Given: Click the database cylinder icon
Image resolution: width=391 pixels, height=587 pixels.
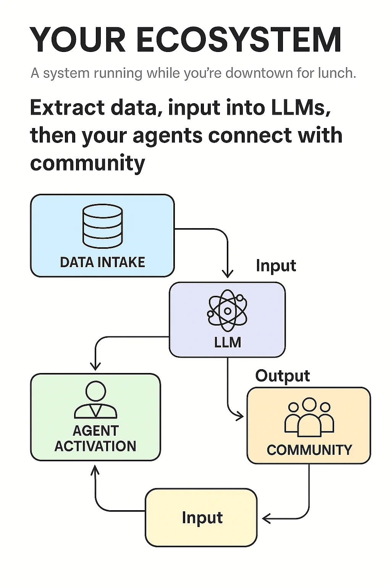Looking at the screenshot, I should [x=102, y=226].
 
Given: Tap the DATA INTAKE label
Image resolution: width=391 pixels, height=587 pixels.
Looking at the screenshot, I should [x=102, y=262].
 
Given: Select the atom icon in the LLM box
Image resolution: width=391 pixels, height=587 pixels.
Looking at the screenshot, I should [x=227, y=310].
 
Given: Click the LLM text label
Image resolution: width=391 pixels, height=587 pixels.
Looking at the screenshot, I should [x=228, y=342].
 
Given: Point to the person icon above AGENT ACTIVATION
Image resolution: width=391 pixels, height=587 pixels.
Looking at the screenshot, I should [x=95, y=399].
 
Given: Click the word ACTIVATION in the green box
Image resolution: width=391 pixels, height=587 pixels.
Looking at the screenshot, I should [x=95, y=446].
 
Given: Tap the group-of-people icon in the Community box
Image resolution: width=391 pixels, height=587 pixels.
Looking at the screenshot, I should [x=309, y=417].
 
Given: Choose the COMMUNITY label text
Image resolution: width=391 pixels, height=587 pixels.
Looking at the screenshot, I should [x=309, y=450].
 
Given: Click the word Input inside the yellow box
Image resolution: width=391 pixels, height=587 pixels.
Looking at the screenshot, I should [x=202, y=517].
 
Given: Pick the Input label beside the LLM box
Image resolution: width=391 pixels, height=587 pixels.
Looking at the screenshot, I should [x=276, y=266].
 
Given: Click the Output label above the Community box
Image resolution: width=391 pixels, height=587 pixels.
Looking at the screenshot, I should [x=283, y=376].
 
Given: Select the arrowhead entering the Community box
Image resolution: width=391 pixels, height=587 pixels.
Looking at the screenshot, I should [x=240, y=415].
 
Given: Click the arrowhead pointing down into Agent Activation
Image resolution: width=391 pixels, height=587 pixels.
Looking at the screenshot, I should [x=95, y=366].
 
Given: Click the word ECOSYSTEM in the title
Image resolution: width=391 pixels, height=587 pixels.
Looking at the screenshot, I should [x=238, y=40].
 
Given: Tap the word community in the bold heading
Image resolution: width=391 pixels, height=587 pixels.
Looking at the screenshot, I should [x=87, y=163].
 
